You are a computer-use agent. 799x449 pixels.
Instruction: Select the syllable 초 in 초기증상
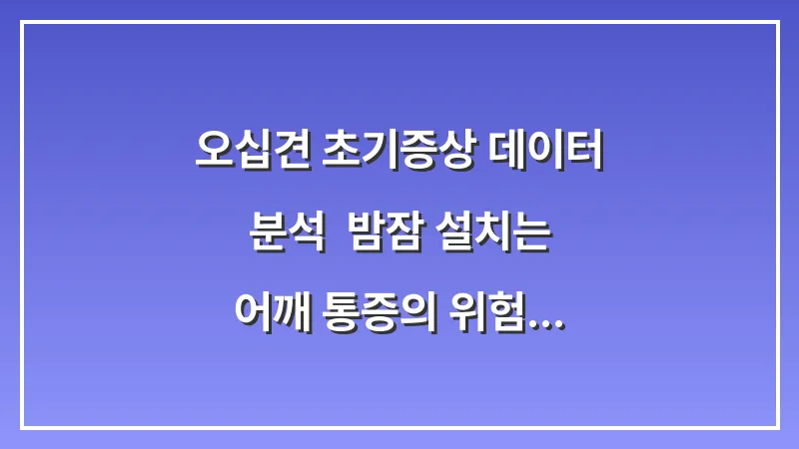click(x=341, y=152)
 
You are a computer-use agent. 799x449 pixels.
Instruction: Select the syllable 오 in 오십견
click(x=214, y=152)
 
